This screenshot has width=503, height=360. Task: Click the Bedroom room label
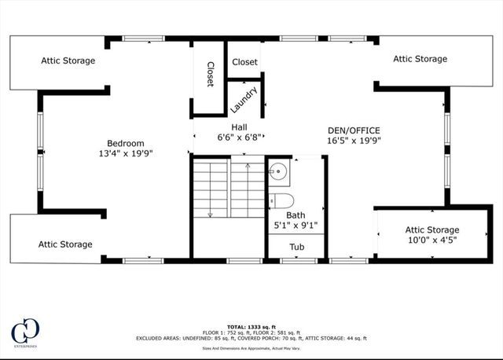click(126, 143)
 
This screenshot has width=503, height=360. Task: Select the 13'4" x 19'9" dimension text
click(126, 153)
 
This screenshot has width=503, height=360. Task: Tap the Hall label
click(239, 127)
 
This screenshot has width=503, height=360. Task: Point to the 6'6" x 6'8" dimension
click(239, 137)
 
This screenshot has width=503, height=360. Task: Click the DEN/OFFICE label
click(354, 130)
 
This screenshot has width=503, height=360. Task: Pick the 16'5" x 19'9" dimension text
click(354, 141)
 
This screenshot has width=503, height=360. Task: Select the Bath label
click(296, 215)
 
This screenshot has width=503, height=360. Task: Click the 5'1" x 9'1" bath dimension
click(296, 225)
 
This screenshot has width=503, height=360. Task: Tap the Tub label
click(296, 247)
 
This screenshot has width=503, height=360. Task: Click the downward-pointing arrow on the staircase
click(210, 213)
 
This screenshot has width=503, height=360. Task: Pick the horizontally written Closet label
click(244, 62)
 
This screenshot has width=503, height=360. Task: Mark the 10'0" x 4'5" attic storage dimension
click(431, 240)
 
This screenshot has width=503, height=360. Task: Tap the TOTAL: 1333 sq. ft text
click(251, 325)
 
